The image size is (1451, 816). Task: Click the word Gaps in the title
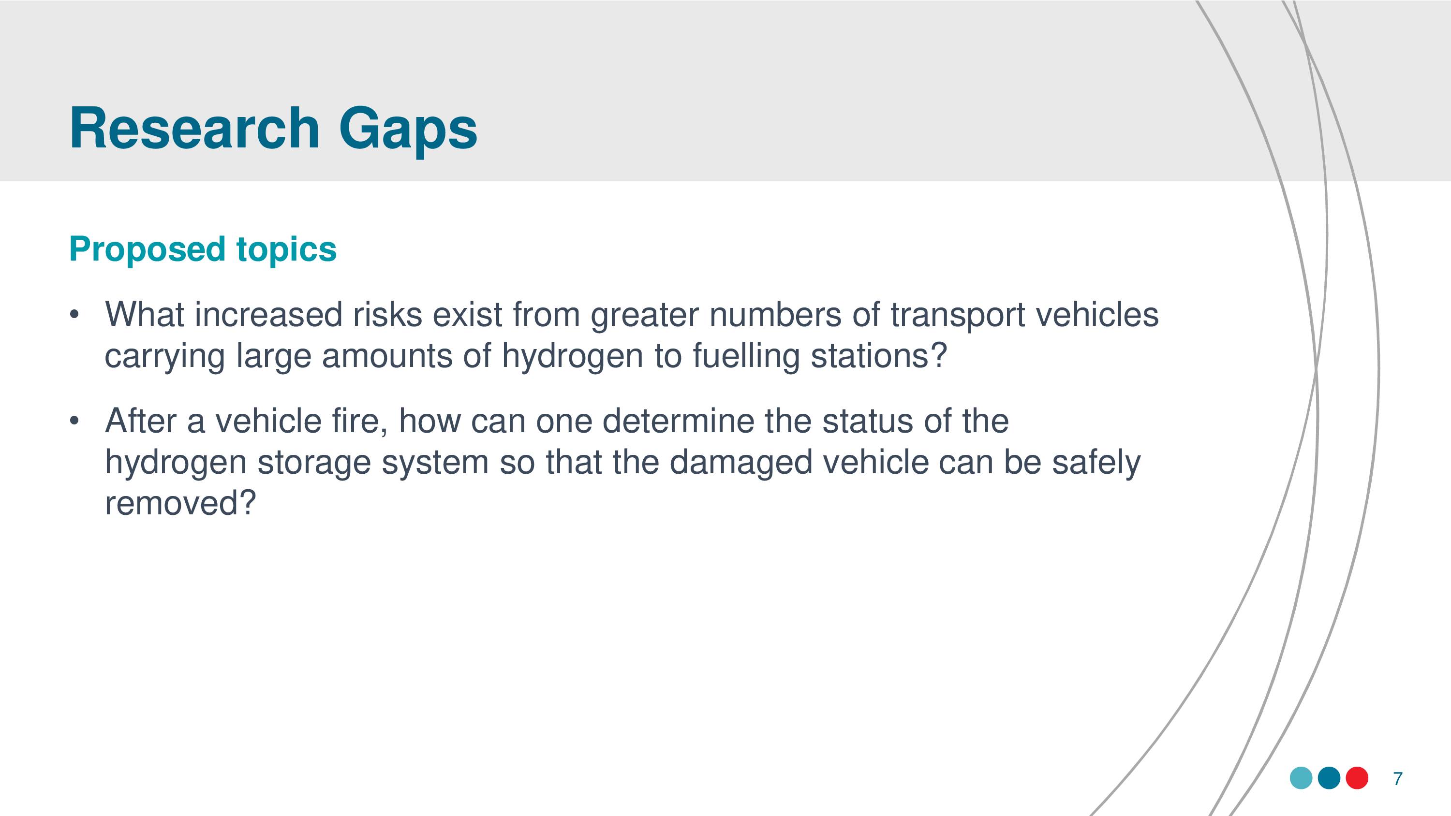click(x=408, y=131)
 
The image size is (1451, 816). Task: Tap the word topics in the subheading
click(x=287, y=249)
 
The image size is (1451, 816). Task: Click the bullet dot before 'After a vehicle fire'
click(x=74, y=421)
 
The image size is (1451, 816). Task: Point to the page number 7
click(x=1397, y=778)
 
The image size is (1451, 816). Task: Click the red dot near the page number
click(x=1357, y=778)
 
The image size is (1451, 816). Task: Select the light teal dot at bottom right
click(x=1301, y=778)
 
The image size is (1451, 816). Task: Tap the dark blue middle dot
click(x=1329, y=778)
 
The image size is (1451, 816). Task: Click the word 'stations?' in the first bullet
click(x=879, y=356)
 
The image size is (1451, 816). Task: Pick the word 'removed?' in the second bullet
click(x=181, y=503)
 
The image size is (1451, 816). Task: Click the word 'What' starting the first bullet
click(x=145, y=314)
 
